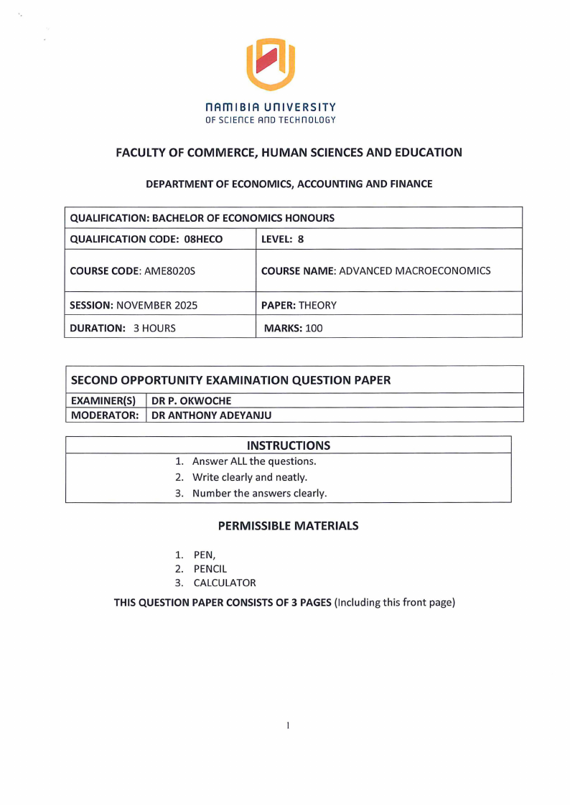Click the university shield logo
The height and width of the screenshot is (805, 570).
271,64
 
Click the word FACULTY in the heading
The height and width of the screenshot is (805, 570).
142,152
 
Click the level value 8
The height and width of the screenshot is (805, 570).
301,239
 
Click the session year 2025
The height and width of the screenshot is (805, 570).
183,305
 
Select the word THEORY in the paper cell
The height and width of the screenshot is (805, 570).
317,305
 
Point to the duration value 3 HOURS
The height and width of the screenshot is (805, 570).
154,328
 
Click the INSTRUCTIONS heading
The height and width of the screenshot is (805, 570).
289,446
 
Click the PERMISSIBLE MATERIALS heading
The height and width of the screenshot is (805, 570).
288,526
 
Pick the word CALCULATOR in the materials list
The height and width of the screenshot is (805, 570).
225,583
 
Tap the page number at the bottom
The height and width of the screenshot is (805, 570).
287,726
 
